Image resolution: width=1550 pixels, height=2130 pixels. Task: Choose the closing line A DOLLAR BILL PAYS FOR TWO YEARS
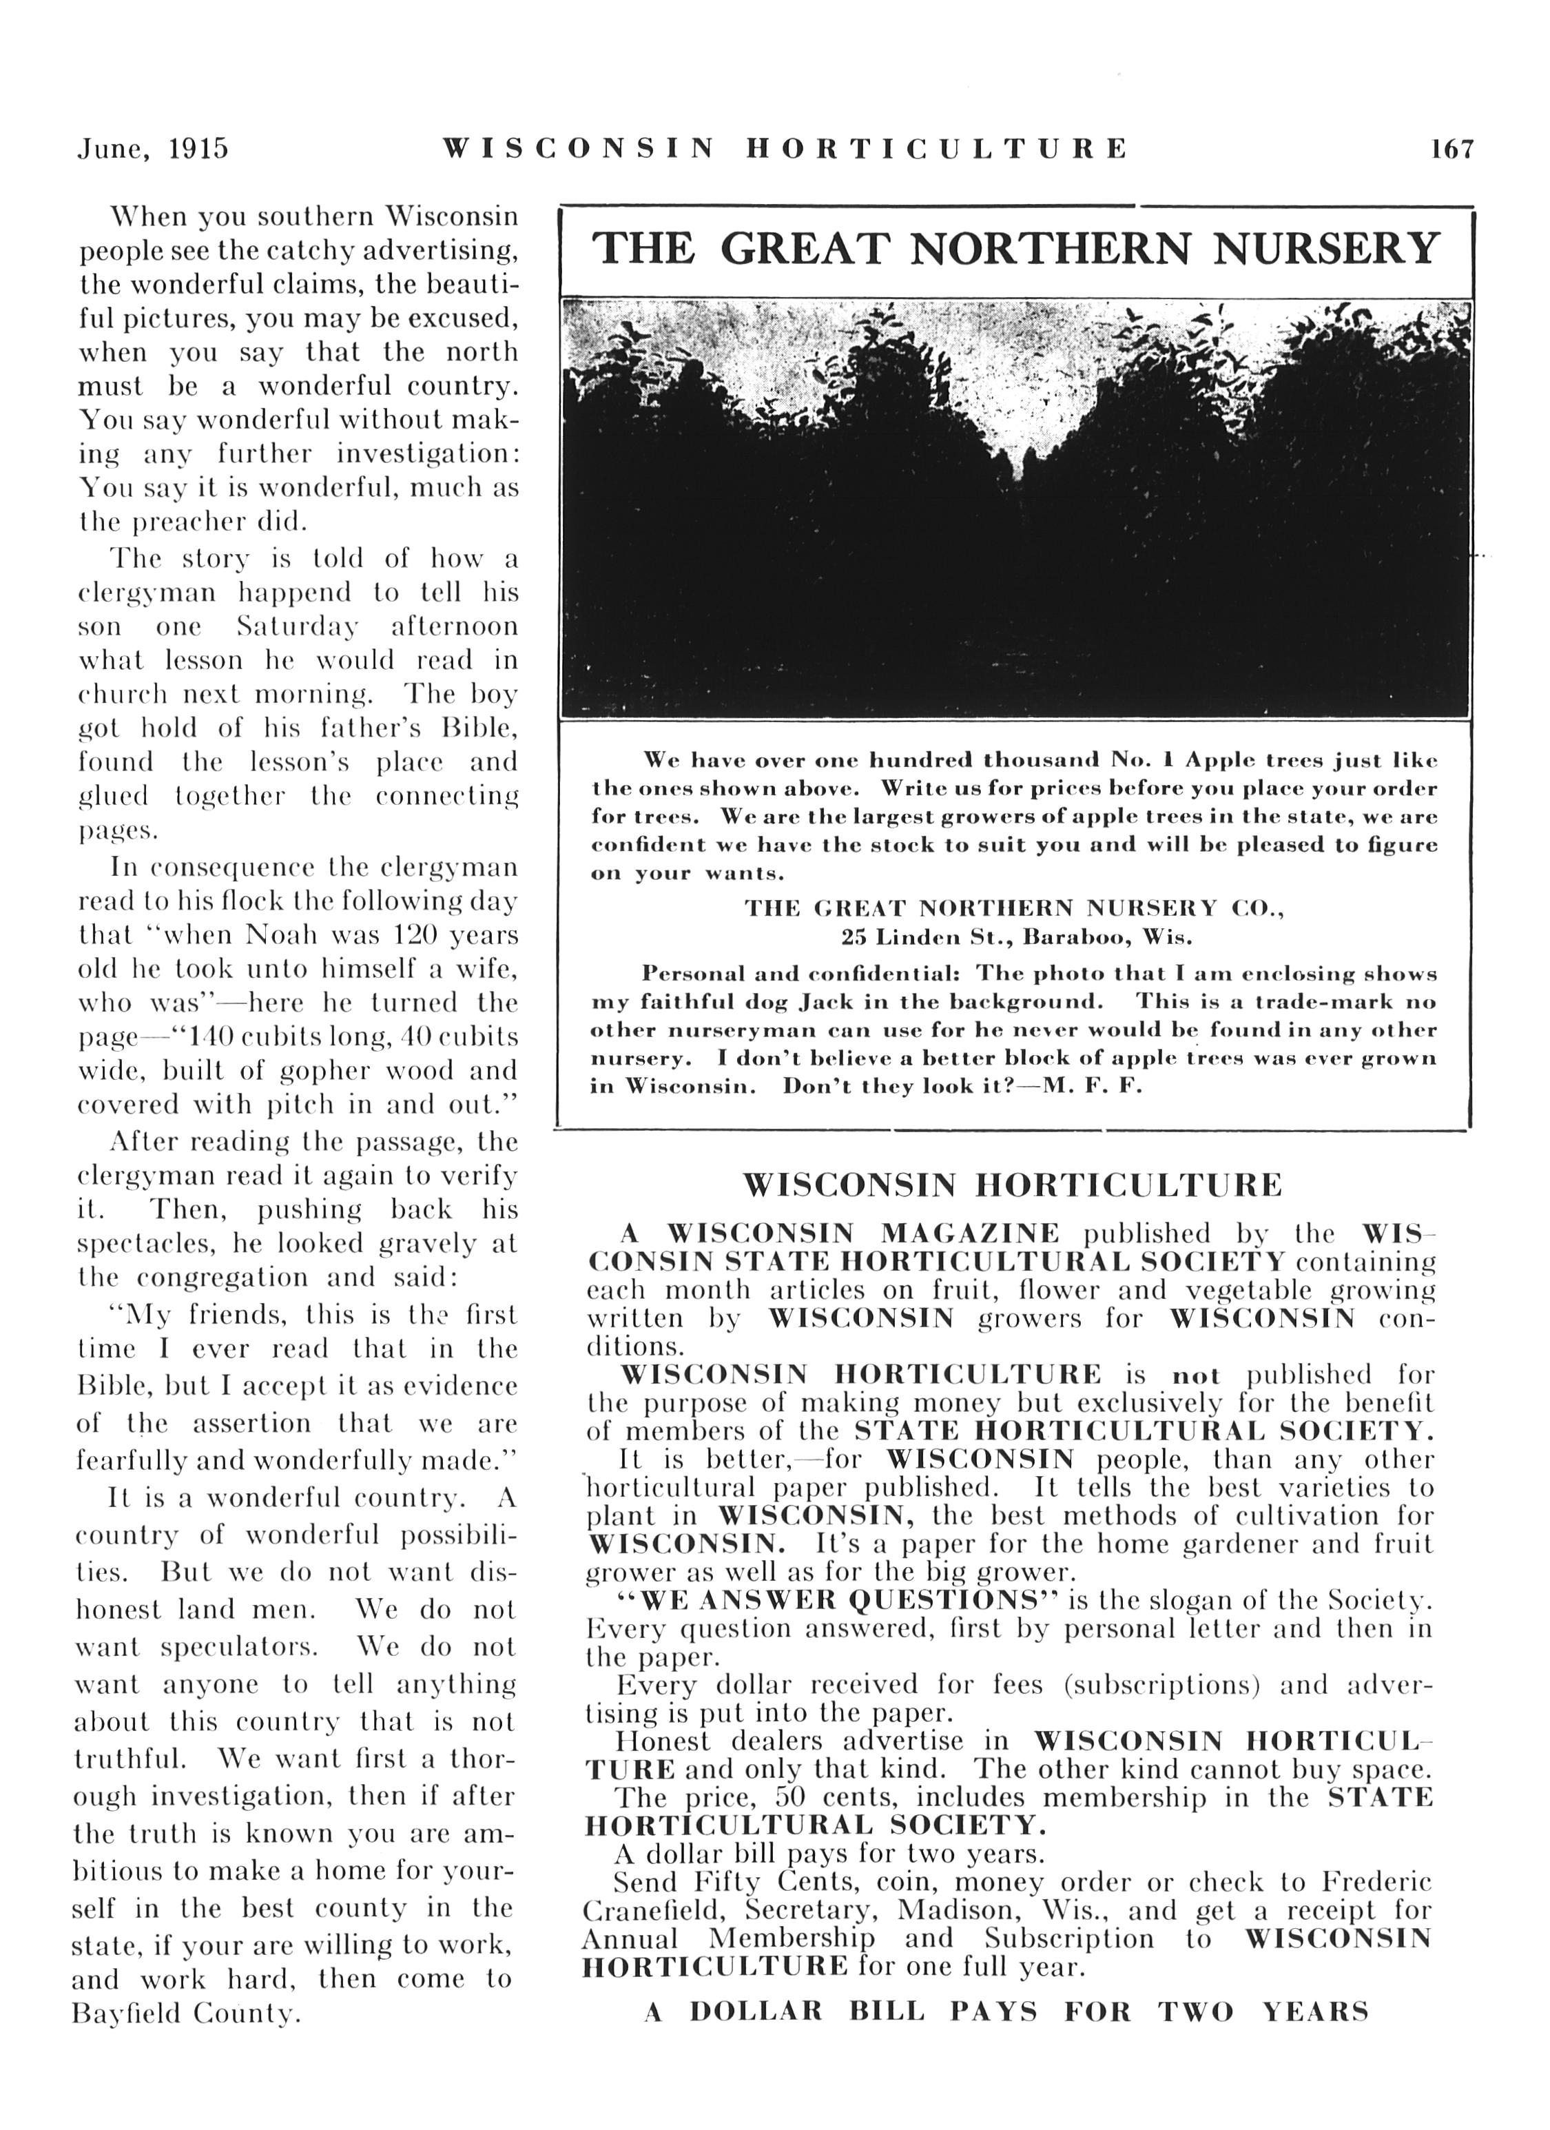(1006, 2011)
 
